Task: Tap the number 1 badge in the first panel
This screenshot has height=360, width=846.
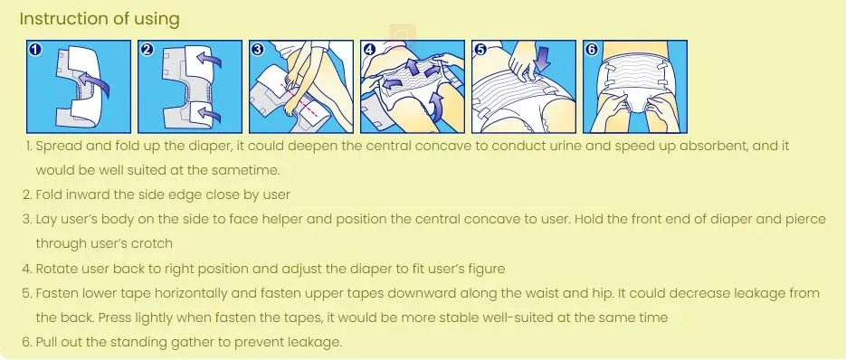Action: [x=35, y=50]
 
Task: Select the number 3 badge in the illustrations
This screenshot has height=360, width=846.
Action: [x=257, y=50]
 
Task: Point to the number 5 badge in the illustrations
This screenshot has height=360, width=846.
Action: [x=480, y=50]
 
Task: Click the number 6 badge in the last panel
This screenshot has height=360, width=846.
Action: [x=592, y=50]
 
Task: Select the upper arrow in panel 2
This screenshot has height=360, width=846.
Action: [x=208, y=58]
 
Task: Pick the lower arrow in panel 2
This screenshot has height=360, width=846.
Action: [x=208, y=112]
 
